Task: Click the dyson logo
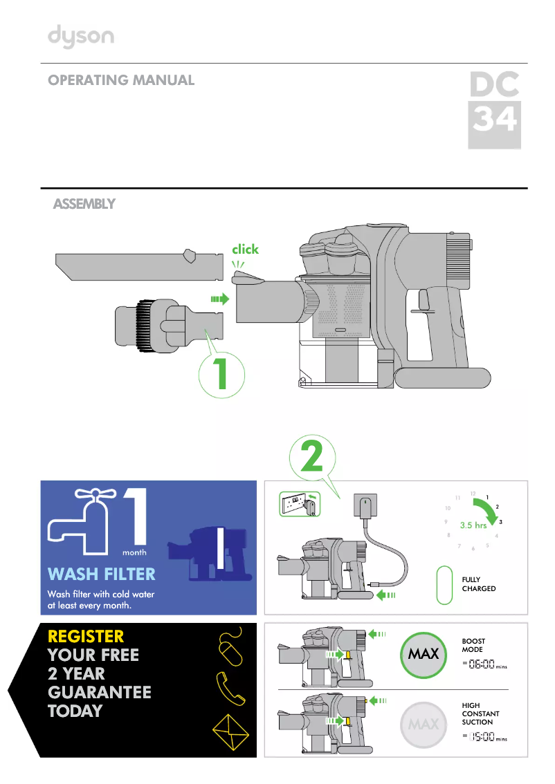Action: click(80, 37)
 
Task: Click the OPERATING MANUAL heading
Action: click(121, 80)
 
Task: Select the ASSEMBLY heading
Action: click(84, 204)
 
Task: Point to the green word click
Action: click(245, 249)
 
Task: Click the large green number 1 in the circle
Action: click(221, 373)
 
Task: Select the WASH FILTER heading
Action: click(101, 574)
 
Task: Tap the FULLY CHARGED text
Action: click(479, 584)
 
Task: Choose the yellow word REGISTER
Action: click(86, 636)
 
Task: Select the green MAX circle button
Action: click(424, 653)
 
